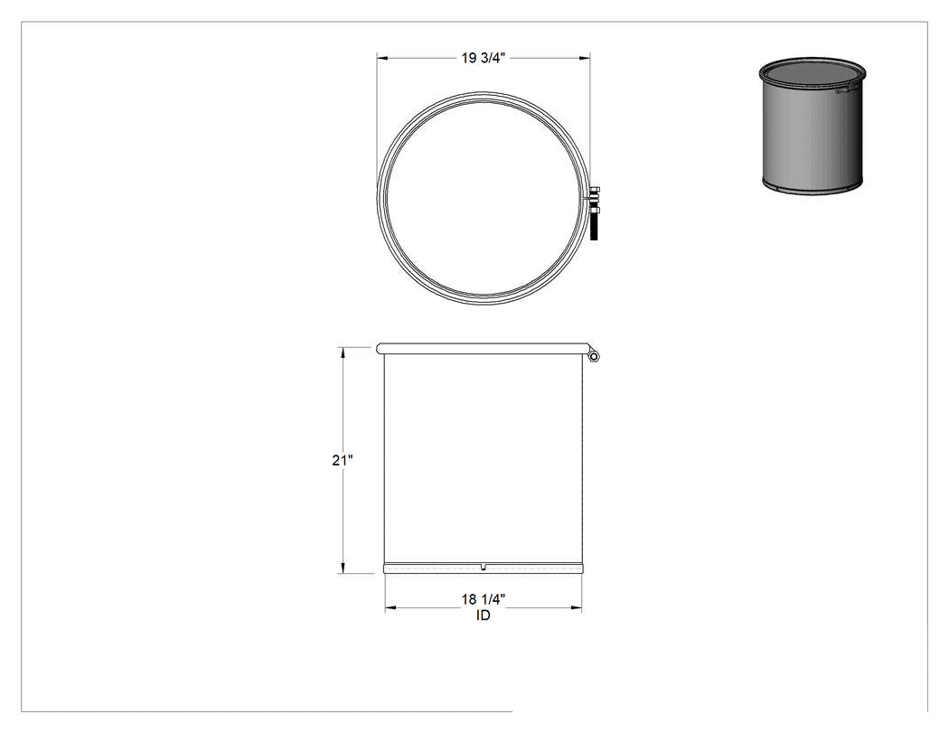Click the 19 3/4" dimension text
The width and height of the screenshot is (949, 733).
click(x=484, y=58)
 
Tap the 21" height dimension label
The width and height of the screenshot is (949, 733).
click(x=342, y=460)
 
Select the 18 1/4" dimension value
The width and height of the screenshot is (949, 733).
click(x=484, y=599)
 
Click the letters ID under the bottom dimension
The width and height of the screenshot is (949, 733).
click(x=484, y=616)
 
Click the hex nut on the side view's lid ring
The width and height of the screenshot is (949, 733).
click(x=595, y=357)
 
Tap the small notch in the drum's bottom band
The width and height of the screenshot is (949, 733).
click(x=483, y=567)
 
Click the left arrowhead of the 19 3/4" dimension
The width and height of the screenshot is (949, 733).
click(x=382, y=58)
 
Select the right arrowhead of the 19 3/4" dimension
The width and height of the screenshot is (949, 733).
click(x=586, y=58)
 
